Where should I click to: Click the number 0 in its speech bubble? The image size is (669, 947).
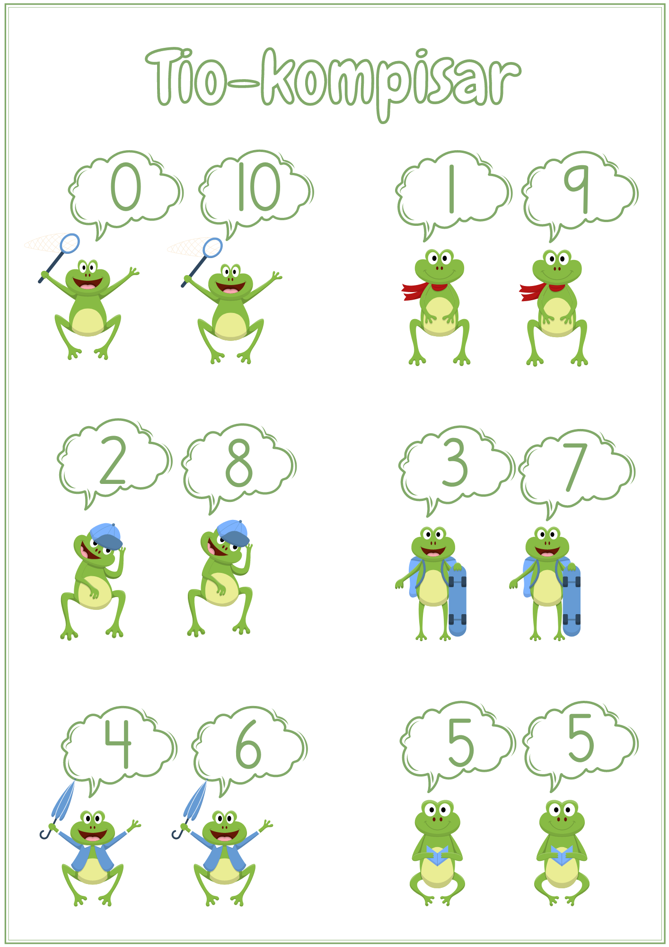[x=126, y=187]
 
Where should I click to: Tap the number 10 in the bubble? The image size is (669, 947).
[x=259, y=187]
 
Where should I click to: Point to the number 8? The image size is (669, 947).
[x=239, y=463]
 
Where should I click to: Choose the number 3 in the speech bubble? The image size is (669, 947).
[x=455, y=463]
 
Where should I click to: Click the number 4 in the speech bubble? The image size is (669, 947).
[x=118, y=743]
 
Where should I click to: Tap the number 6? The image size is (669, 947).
[x=248, y=744]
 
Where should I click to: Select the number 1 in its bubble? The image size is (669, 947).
[x=451, y=188]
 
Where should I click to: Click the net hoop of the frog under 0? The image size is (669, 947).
[x=70, y=243]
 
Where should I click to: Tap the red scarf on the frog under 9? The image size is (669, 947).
[x=539, y=290]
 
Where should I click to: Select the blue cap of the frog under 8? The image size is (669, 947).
[x=233, y=532]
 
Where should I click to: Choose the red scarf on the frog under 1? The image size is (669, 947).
[x=421, y=290]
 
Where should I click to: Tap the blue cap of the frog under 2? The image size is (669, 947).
[x=106, y=536]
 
